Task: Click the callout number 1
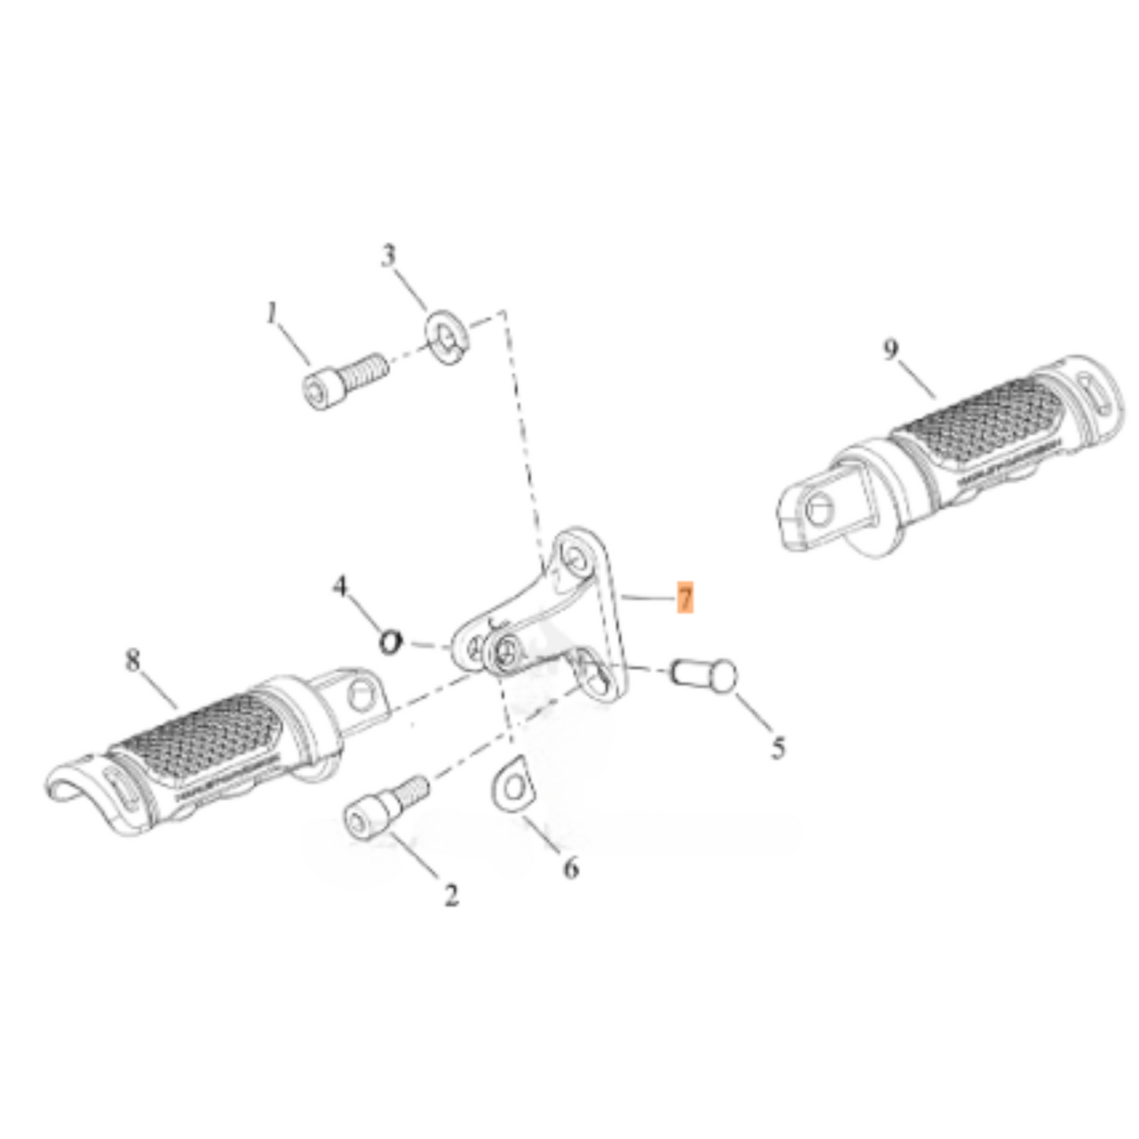(x=272, y=315)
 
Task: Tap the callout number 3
(x=388, y=256)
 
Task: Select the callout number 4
(x=340, y=586)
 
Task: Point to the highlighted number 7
(x=685, y=598)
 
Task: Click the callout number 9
(x=890, y=348)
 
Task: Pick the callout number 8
(x=133, y=660)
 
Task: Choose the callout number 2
(x=451, y=895)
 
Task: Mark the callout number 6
(x=571, y=868)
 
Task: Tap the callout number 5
(x=778, y=746)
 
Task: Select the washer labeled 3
(x=448, y=334)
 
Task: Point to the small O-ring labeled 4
(x=390, y=642)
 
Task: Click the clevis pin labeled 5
(x=705, y=675)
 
